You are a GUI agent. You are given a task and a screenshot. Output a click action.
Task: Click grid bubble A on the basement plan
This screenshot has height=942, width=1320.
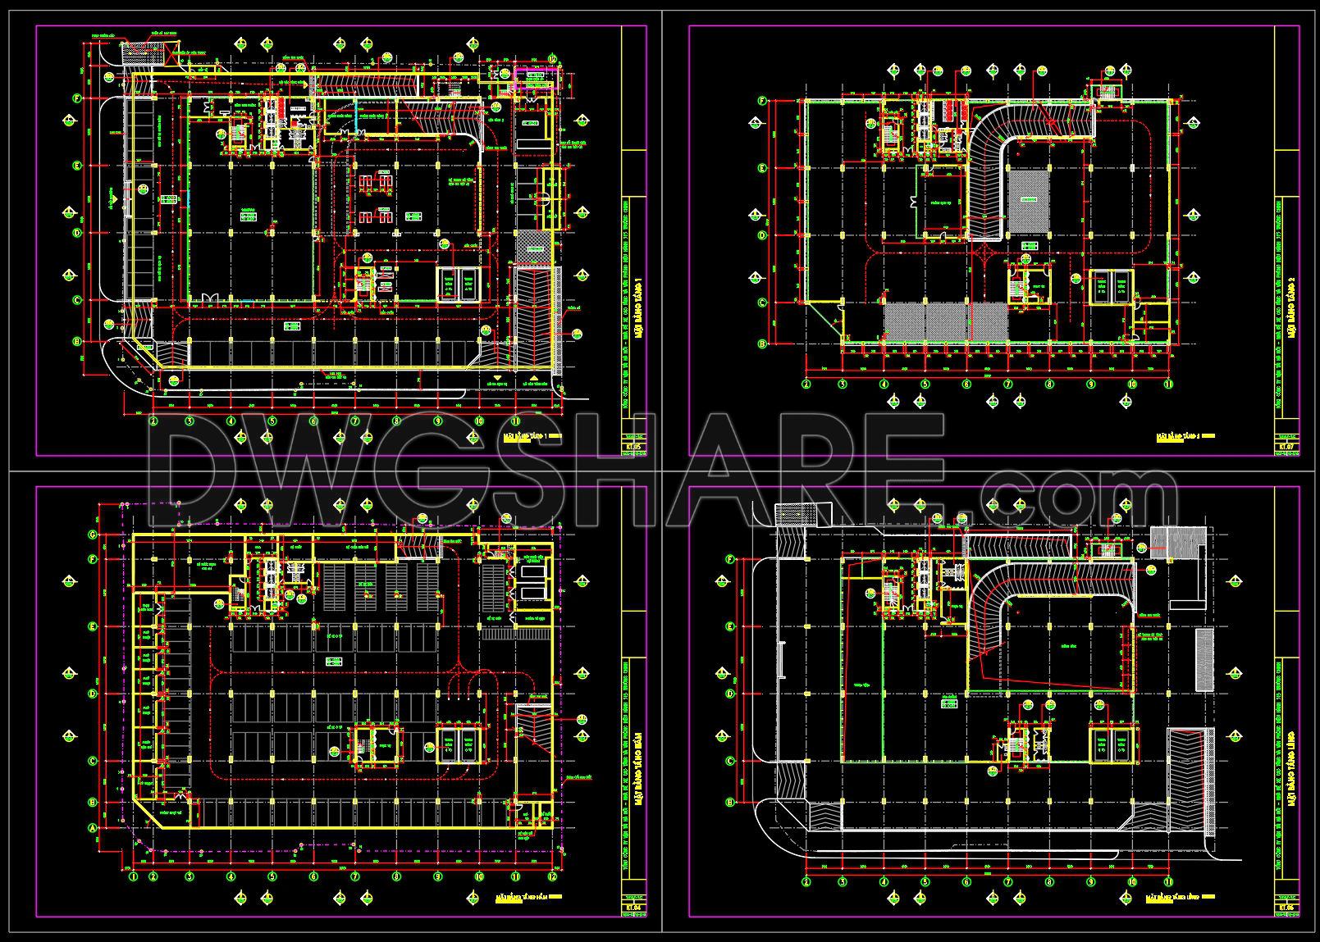click(92, 829)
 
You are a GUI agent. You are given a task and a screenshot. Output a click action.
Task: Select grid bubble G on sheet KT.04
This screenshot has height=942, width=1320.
click(92, 535)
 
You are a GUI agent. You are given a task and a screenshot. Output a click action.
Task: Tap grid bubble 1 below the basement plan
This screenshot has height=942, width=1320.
click(133, 876)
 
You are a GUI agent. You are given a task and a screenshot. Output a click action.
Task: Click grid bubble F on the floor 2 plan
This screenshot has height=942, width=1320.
click(762, 102)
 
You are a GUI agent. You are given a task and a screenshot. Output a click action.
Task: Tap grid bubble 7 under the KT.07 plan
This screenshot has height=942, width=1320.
click(1008, 384)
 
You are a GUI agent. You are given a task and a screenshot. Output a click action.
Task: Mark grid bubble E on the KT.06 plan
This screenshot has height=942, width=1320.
click(730, 626)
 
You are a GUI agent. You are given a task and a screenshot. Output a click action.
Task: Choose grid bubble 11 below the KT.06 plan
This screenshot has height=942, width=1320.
click(1168, 882)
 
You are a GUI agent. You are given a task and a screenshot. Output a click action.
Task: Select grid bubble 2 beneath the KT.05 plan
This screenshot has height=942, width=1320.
click(153, 421)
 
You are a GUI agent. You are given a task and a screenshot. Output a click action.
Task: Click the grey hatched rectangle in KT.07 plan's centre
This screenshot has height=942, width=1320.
click(1029, 199)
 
